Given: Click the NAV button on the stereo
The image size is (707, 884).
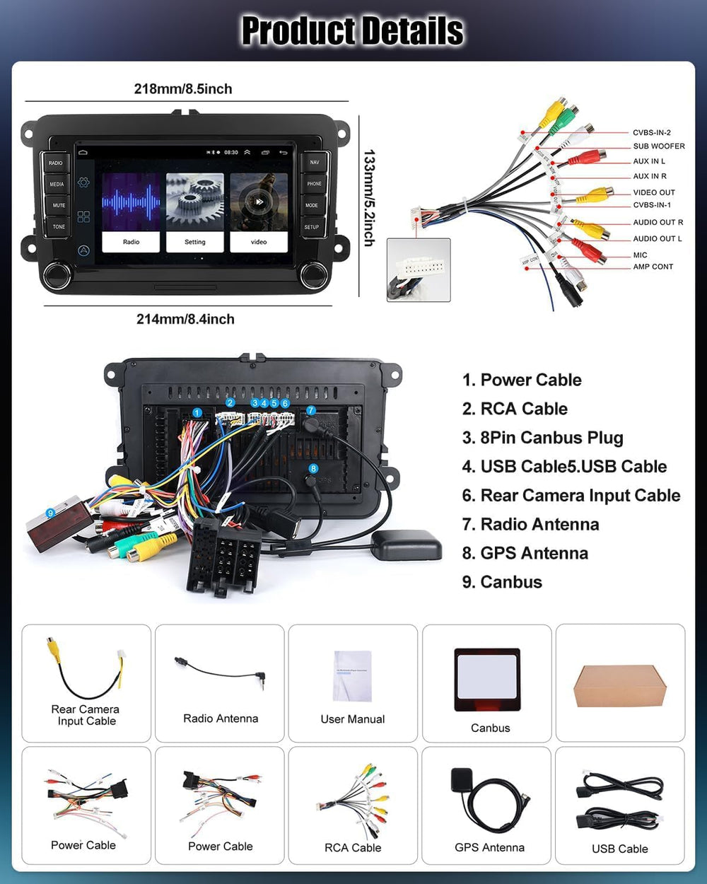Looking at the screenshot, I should [314, 162].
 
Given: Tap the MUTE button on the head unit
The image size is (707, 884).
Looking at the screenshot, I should [58, 205].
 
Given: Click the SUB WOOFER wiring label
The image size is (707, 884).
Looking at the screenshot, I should [658, 146].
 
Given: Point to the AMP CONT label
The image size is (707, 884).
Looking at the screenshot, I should [653, 267].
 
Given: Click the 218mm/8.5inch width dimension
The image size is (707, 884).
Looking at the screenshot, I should [183, 89].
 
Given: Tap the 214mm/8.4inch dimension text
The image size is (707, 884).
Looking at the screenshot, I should [185, 319].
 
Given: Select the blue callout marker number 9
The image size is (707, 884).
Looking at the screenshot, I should [50, 513].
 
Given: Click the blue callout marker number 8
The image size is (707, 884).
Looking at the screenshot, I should [313, 468].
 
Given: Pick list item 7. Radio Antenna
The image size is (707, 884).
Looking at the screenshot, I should [530, 524].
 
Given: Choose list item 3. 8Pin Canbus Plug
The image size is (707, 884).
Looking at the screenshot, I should [542, 438].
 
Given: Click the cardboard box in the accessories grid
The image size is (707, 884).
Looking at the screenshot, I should [620, 685].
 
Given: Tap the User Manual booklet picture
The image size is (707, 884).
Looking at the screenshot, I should [353, 676].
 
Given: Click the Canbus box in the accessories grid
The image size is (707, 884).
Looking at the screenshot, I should [487, 679].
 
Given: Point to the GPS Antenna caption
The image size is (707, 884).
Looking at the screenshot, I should [489, 847].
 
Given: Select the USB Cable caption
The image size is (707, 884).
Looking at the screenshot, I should [619, 849].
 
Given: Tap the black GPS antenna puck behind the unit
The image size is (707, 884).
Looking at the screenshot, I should [406, 545].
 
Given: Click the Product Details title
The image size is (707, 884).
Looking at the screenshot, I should [352, 31].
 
